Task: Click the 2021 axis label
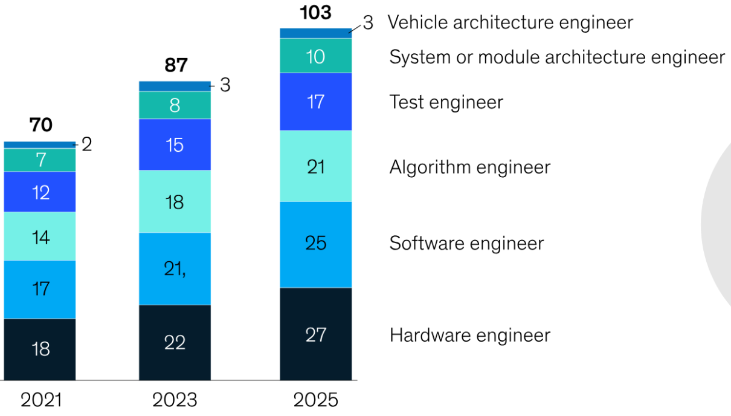40,400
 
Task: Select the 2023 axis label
175,400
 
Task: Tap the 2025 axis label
315,400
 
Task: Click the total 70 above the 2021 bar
40,125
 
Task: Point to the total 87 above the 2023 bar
176,65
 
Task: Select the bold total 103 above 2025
315,12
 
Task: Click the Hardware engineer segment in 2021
40,349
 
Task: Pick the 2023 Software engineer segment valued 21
175,269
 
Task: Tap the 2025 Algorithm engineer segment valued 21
315,166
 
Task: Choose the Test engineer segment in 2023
175,145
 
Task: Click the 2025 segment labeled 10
315,56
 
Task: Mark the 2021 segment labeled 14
40,236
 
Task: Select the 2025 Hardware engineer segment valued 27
315,334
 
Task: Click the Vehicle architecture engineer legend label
510,23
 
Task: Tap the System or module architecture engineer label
556,57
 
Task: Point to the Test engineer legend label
446,102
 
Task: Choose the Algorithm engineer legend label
469,167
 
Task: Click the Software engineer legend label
466,243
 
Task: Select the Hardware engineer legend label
469,335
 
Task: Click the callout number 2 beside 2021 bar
86,145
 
